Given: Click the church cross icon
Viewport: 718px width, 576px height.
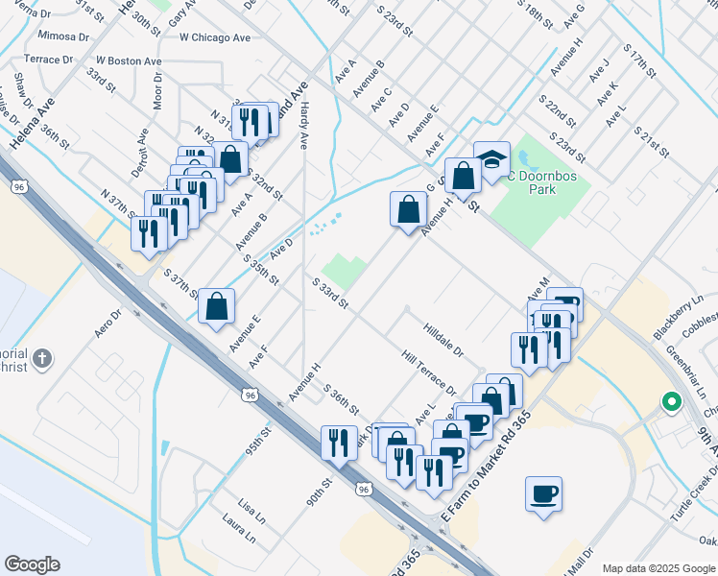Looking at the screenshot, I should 40,359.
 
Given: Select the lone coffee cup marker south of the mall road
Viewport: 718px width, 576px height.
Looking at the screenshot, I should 543,494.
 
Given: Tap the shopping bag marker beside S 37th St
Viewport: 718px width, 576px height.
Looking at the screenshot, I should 218,306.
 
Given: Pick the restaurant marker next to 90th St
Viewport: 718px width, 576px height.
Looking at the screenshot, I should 337,443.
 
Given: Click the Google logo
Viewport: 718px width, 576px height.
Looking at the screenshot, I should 32,564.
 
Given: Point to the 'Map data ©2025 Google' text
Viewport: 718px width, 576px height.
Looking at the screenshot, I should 658,568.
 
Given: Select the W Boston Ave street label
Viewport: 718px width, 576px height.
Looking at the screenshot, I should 128,60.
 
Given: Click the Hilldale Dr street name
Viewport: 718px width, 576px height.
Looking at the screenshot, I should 443,340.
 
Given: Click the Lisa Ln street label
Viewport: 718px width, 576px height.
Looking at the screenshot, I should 251,506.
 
